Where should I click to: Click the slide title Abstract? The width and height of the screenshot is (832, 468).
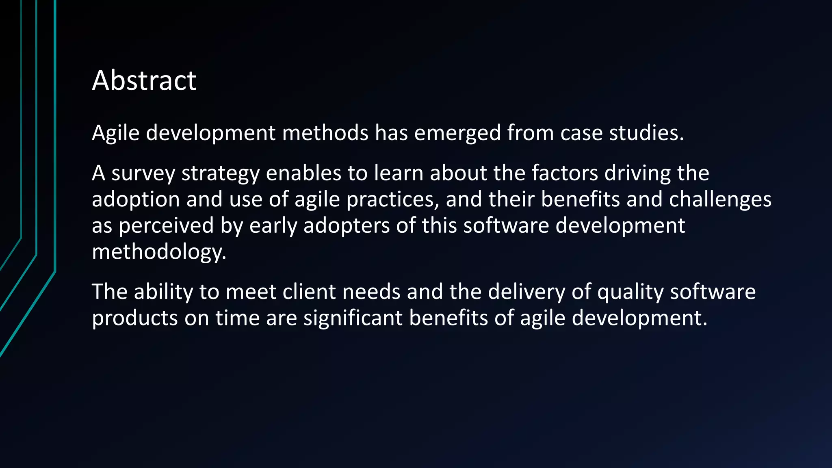pos(144,80)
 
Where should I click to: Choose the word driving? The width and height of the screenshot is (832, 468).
pos(637,173)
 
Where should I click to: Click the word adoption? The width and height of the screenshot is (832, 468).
pos(136,199)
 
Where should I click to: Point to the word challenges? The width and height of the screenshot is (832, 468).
pos(720,199)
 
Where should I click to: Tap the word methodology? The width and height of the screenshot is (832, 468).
pos(159,252)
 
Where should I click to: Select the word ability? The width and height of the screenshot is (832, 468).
pos(163,292)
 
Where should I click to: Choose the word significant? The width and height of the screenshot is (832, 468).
pos(353,318)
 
